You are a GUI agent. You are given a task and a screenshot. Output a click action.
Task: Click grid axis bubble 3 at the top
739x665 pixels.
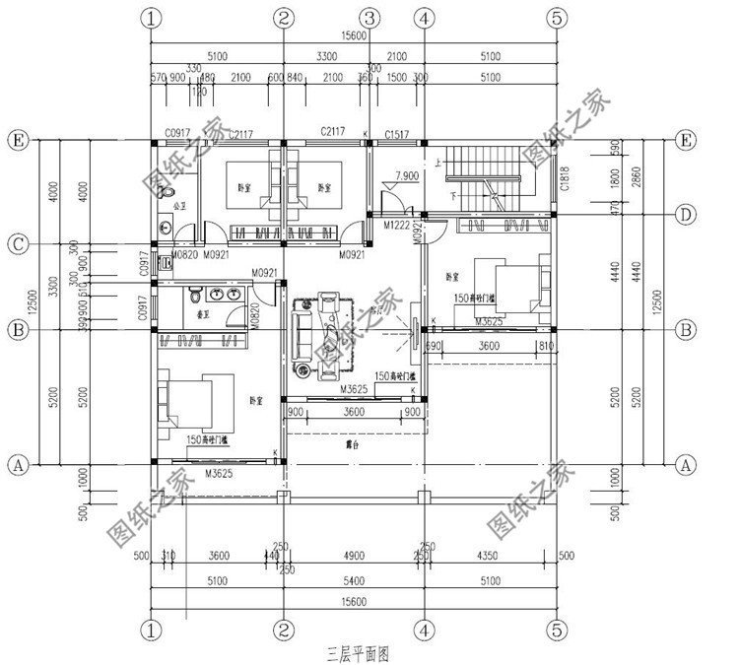coord(369,17)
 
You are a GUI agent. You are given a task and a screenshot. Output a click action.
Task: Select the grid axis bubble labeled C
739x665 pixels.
coord(17,243)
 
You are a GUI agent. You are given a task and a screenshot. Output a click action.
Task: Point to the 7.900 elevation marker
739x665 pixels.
coord(405,176)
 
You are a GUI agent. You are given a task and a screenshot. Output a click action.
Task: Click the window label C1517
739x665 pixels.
coord(396,133)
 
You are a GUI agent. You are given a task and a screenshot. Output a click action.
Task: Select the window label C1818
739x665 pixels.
coord(566,177)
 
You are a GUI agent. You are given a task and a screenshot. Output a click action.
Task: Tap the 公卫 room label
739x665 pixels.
coord(179,207)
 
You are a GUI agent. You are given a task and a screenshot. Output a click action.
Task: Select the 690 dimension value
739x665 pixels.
coord(433,346)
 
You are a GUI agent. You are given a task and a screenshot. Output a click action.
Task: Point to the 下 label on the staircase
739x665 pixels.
coord(452,195)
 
